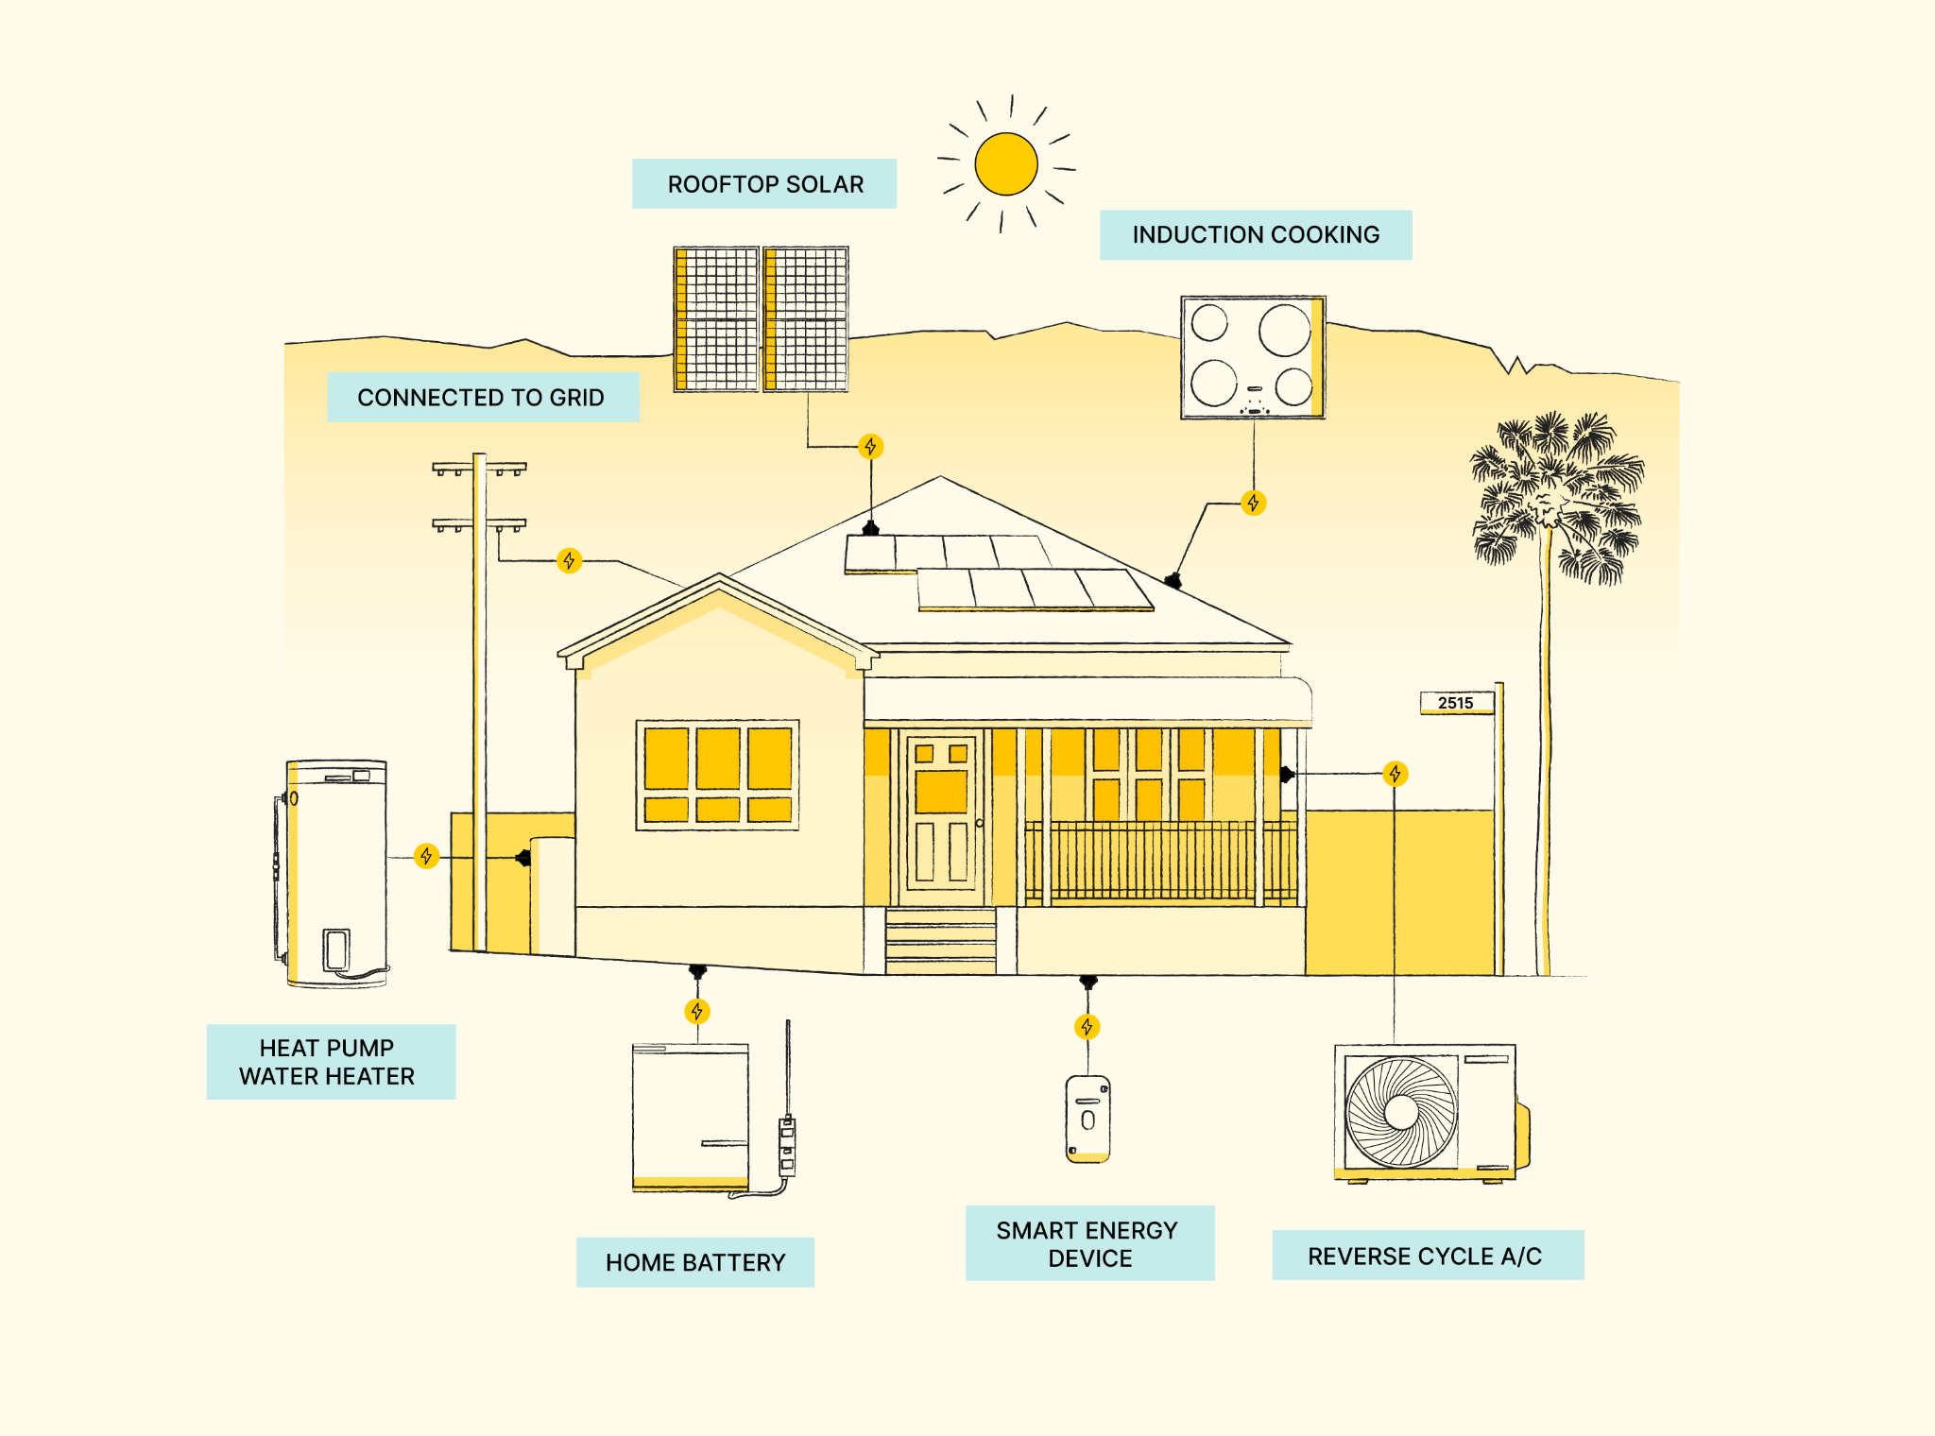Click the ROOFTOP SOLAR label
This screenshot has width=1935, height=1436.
coord(764,183)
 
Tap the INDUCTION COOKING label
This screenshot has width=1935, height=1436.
coord(1256,234)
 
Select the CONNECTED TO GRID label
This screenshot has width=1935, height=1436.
coord(483,397)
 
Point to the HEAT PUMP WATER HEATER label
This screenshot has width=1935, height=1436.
coord(331,1062)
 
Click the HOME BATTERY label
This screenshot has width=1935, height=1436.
coord(695,1262)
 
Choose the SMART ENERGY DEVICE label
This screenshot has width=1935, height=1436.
coord(1089,1243)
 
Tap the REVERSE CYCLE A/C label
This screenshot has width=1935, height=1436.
coord(1428,1256)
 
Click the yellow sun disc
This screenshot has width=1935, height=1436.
coord(1006,163)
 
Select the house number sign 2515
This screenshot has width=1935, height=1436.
coord(1457,703)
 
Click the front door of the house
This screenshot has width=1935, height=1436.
coord(941,817)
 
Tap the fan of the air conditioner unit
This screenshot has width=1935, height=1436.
coord(1401,1112)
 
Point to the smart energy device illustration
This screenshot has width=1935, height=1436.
coord(1087,1119)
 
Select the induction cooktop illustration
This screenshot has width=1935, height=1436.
coord(1253,357)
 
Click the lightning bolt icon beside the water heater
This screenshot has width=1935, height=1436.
coord(427,856)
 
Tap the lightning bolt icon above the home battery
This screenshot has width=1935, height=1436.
coord(697,1012)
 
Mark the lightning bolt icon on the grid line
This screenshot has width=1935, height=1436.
coord(569,561)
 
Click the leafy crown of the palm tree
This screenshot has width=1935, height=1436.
coord(1556,496)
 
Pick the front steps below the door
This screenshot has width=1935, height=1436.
coord(941,941)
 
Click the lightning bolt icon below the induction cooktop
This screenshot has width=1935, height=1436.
coord(1254,503)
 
